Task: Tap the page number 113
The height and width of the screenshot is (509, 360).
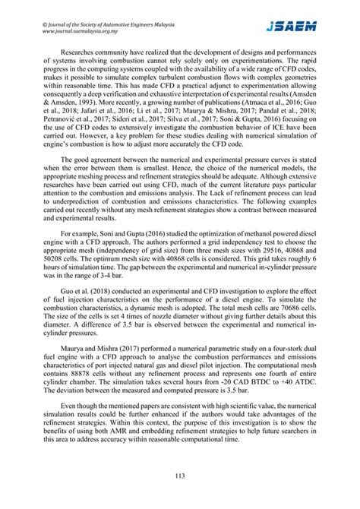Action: point(180,476)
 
